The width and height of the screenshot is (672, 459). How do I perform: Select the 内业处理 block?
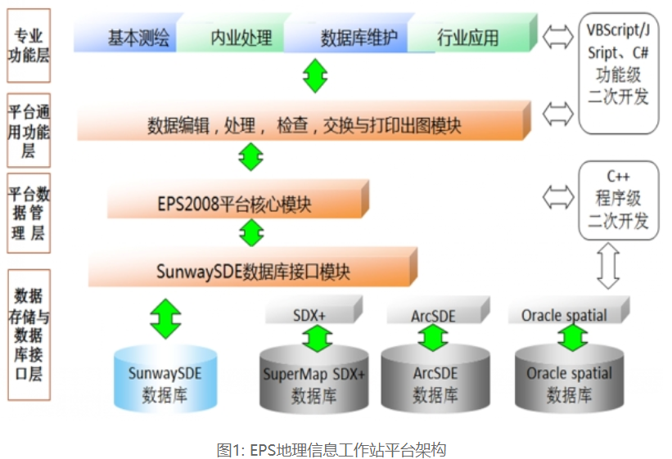[241, 38]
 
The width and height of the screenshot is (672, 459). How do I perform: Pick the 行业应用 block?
[468, 38]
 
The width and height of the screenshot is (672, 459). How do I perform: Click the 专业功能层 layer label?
[28, 46]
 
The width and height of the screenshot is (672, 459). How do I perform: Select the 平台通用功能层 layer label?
[28, 131]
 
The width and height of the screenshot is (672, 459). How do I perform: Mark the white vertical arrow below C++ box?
[607, 265]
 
